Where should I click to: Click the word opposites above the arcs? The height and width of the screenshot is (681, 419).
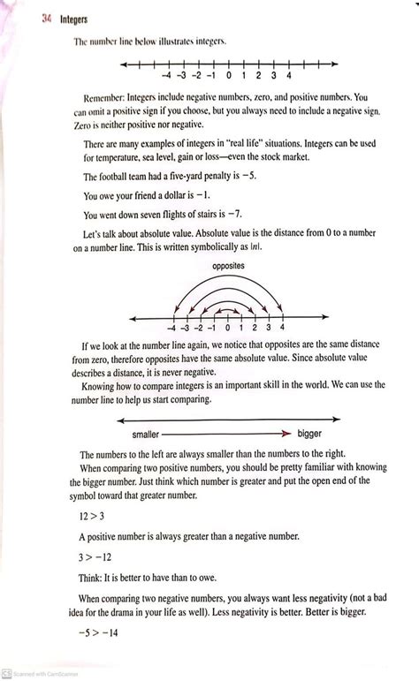(x=228, y=265)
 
